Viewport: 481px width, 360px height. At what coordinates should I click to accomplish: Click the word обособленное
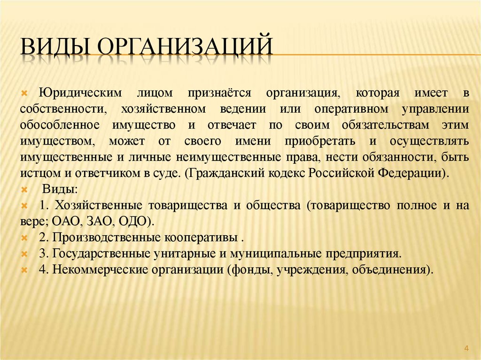coord(59,125)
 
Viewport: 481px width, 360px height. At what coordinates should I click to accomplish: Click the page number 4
coord(466,347)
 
